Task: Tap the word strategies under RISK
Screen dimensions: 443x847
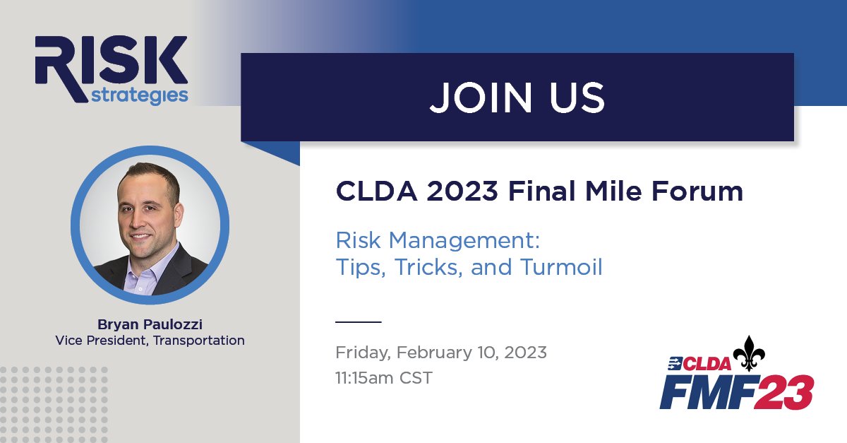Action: [x=140, y=95]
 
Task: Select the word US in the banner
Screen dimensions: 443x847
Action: [x=577, y=98]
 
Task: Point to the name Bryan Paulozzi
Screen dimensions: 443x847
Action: [x=150, y=324]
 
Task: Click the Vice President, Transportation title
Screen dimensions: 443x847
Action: [x=150, y=341]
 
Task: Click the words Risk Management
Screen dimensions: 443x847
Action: [x=438, y=240]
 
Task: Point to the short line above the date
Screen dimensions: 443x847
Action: [x=358, y=321]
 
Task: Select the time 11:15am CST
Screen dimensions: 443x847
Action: [x=384, y=377]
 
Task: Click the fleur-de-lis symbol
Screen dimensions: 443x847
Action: [x=750, y=353]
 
